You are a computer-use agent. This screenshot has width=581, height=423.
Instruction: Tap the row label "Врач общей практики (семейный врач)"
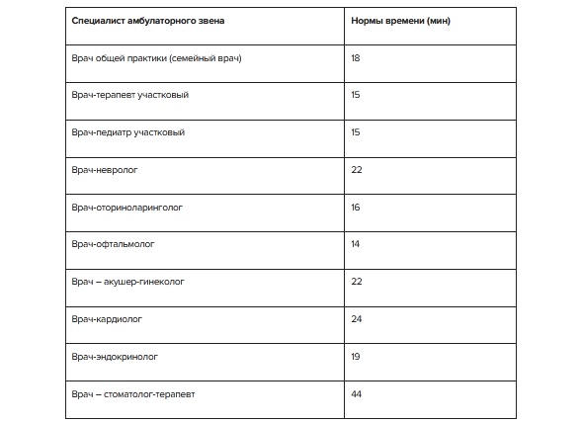[157, 58]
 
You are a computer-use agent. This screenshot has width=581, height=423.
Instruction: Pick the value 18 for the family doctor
[356, 58]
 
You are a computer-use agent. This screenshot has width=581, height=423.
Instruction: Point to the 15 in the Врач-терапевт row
[356, 96]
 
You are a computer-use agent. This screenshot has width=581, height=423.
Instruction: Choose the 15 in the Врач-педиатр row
[356, 132]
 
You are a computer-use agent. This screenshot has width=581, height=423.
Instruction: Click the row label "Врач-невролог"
[106, 170]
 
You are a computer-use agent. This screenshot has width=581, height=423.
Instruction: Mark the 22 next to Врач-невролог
[357, 170]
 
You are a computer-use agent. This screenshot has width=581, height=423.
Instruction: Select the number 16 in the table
[356, 208]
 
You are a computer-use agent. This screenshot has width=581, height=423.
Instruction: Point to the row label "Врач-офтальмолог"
[114, 244]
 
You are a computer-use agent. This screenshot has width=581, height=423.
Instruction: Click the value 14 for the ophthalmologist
[356, 244]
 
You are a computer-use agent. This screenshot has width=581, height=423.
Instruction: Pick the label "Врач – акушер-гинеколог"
[128, 282]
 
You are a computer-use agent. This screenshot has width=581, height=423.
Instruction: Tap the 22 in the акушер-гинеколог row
[357, 282]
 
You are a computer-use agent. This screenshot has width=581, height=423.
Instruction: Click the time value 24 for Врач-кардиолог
[357, 319]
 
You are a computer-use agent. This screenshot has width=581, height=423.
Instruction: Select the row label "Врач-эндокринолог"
[116, 356]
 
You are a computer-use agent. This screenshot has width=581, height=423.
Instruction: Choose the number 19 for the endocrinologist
[356, 356]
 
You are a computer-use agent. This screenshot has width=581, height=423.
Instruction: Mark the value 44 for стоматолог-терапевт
[357, 393]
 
